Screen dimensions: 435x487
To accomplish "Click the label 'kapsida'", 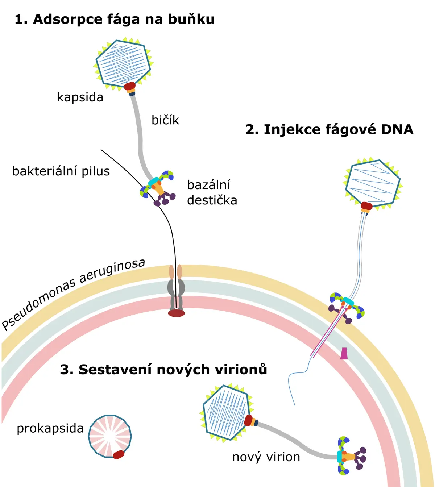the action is point(80,97).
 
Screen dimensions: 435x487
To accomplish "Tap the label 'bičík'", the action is point(165,120).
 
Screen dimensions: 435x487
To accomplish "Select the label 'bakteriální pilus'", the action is point(61,171).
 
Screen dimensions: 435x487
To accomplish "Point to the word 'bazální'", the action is point(209,184).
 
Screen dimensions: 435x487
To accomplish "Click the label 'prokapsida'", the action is point(50,428).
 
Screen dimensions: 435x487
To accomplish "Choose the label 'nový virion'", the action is point(266,457).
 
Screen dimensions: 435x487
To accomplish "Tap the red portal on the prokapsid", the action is point(119,454).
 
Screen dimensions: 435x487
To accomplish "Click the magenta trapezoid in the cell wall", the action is point(344,353).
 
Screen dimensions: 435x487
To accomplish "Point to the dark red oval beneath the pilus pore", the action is point(176,313).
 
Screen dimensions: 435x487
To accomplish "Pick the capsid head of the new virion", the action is point(226,413).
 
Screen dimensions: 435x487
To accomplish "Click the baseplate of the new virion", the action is point(351,456).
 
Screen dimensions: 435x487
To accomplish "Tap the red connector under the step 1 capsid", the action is point(130,86).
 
